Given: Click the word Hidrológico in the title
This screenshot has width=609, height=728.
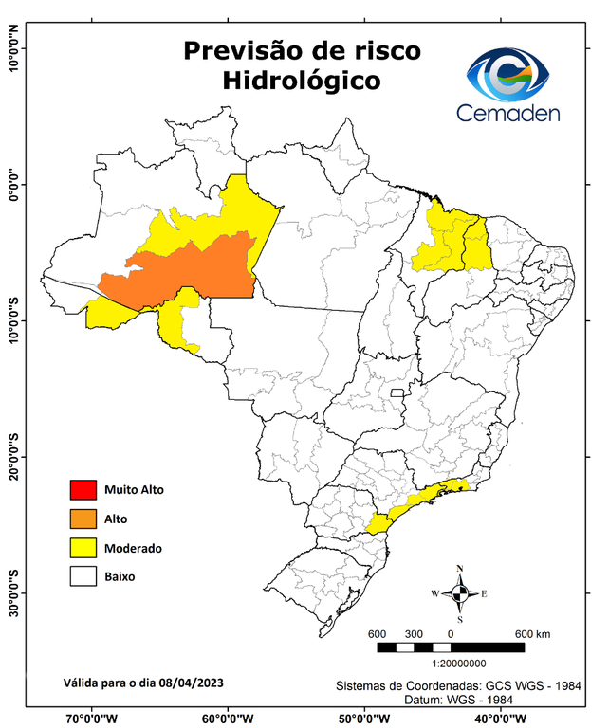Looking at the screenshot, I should [301, 82].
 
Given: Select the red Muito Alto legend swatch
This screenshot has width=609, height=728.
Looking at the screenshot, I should [83, 490].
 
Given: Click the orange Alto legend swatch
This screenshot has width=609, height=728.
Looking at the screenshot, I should [83, 519].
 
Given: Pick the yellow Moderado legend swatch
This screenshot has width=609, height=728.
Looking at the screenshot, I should [83, 547].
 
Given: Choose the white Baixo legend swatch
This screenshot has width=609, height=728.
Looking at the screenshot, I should [83, 575].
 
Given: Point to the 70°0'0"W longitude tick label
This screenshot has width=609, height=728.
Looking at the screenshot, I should [92, 718].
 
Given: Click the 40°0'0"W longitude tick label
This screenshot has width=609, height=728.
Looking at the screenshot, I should [502, 718].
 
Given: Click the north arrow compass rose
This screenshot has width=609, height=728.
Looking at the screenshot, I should [460, 593].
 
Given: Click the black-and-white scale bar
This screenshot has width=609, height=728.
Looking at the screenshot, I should [451, 647].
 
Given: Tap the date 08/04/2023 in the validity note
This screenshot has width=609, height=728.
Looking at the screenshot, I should [192, 682].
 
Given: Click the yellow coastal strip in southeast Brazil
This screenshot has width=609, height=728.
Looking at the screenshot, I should [417, 502].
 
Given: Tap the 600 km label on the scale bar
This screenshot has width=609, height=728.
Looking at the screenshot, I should [532, 633].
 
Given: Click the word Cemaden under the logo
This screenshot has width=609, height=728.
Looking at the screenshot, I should [507, 113].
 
